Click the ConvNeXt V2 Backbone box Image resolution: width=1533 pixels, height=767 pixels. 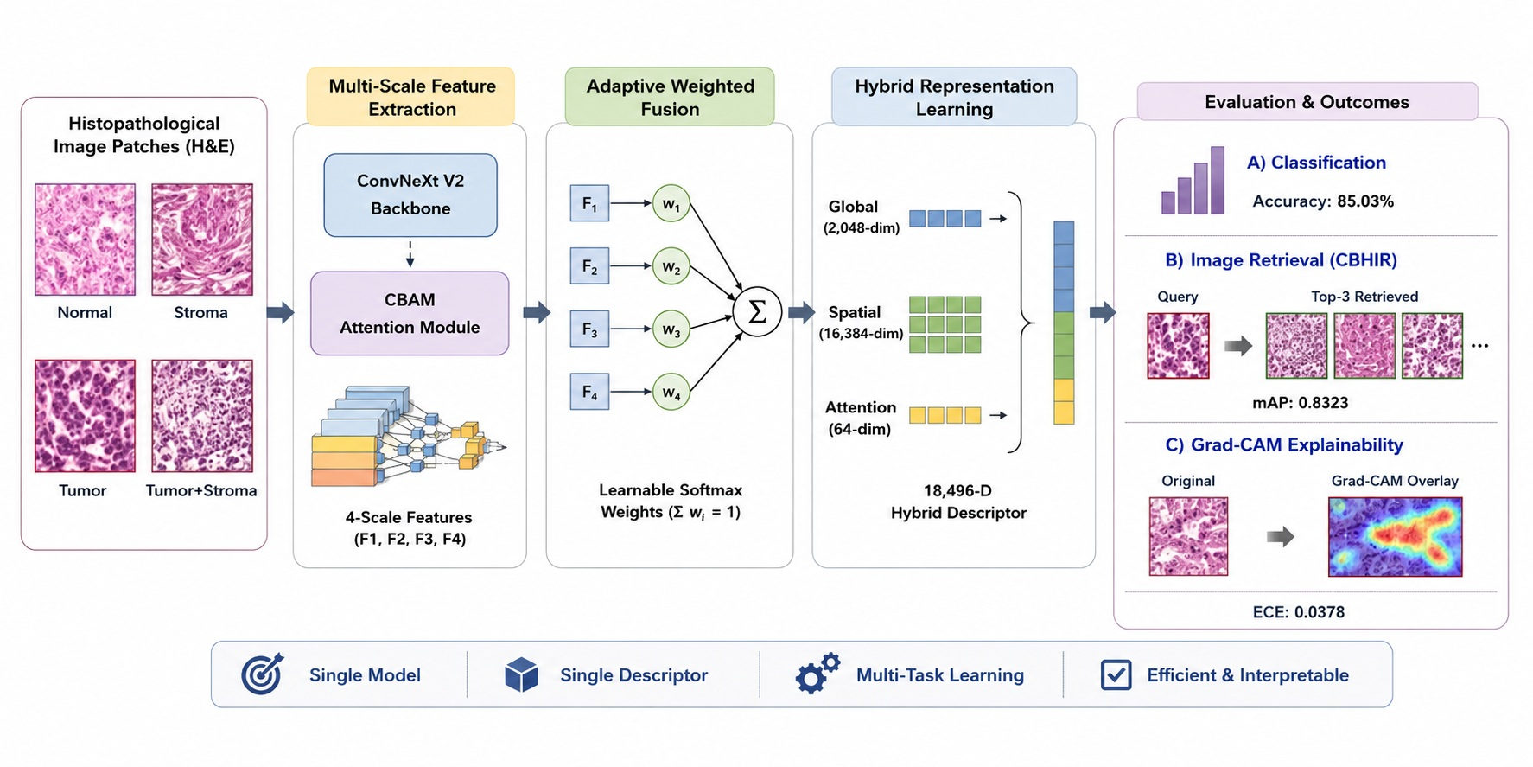click(x=410, y=195)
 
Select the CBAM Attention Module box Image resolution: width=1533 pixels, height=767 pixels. click(x=410, y=313)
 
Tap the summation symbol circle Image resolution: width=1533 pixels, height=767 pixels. click(x=757, y=312)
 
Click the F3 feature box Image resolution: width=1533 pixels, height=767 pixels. click(x=589, y=329)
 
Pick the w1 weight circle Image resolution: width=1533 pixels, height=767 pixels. click(x=671, y=204)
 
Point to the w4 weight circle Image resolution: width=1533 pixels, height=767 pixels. click(x=671, y=392)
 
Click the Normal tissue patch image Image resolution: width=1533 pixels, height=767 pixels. click(x=85, y=240)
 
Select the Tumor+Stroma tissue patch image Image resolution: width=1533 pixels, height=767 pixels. click(x=202, y=416)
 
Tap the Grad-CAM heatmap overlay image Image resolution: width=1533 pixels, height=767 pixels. click(x=1395, y=536)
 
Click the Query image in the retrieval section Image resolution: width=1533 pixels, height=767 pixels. click(x=1178, y=346)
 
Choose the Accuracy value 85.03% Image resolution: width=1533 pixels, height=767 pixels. click(x=1365, y=201)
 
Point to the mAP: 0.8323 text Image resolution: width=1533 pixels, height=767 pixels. click(x=1300, y=402)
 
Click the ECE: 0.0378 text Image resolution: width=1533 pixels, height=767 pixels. click(x=1298, y=612)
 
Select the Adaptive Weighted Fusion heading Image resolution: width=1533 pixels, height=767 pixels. click(x=670, y=97)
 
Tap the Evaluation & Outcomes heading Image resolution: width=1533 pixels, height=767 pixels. click(x=1307, y=102)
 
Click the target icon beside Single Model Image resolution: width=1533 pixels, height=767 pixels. click(x=262, y=674)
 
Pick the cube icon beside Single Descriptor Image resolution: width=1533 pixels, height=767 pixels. click(x=521, y=674)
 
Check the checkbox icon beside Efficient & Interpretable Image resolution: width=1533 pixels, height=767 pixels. click(x=1116, y=674)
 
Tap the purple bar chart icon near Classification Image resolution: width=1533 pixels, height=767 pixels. click(x=1193, y=181)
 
